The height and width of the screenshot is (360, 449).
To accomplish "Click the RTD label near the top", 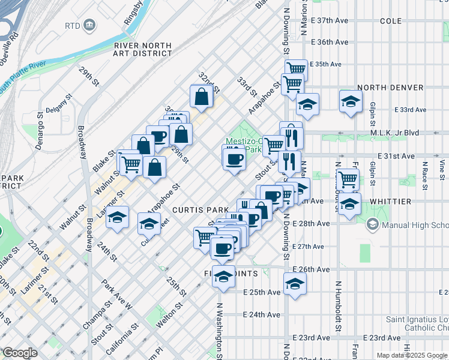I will (x=73, y=26).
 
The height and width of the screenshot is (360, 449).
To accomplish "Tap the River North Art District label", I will (x=142, y=49).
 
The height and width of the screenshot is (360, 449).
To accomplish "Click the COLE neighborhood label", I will (x=391, y=21).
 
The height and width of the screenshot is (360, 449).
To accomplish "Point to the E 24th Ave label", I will (x=262, y=314).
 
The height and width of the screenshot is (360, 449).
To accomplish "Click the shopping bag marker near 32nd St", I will (x=202, y=96).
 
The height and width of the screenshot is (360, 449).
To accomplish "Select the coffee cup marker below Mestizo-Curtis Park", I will (x=234, y=159).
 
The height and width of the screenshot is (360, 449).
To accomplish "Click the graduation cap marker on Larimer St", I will (x=118, y=217).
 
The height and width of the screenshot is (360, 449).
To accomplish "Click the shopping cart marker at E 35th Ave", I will (x=296, y=68).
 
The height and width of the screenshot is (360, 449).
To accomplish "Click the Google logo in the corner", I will (x=20, y=353).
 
